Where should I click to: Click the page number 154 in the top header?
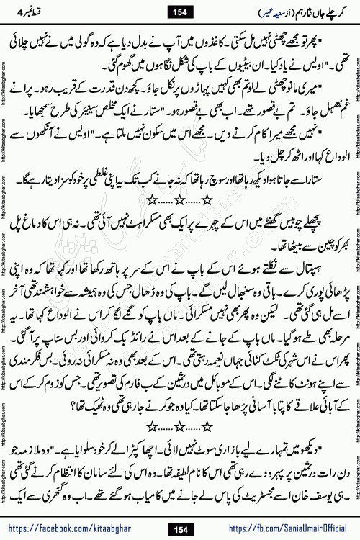180,12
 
